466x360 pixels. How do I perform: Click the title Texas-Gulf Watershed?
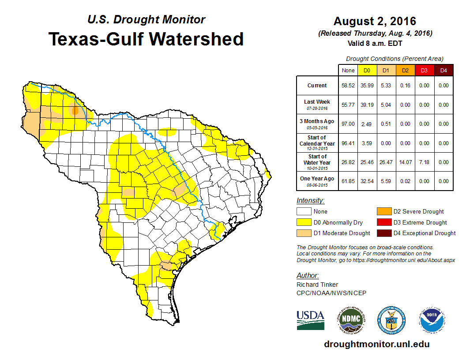click(146, 39)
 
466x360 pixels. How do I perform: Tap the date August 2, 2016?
click(375, 21)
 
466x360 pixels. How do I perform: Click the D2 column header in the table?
click(405, 70)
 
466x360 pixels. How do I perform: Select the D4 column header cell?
click(443, 70)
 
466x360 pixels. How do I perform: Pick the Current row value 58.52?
click(348, 86)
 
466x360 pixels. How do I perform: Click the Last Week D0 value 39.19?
click(367, 105)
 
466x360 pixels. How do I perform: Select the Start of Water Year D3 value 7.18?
click(424, 162)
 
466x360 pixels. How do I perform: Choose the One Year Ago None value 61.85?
click(348, 181)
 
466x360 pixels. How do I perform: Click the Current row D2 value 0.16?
click(405, 86)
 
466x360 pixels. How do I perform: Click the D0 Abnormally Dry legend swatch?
click(304, 222)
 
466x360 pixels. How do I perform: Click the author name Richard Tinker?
click(317, 285)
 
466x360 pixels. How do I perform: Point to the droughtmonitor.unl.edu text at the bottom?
click(376, 344)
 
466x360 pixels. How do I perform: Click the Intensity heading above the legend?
click(310, 201)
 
